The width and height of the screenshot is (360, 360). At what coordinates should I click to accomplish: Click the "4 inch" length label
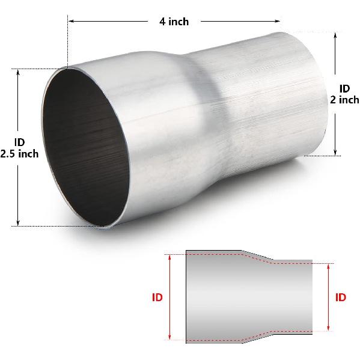tap(174, 22)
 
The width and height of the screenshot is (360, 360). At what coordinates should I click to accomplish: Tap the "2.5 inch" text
tap(19, 153)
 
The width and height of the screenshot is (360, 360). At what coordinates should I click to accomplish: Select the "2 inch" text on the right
tap(344, 100)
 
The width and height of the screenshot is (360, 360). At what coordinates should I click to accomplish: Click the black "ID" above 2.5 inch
tap(19, 142)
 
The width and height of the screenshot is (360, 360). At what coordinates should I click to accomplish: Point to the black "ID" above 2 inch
tap(344, 88)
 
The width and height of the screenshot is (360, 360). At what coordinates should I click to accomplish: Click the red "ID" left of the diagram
tap(157, 297)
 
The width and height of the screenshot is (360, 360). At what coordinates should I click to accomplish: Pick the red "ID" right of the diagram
tap(340, 297)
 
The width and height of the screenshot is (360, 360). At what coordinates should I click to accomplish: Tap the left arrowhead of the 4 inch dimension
tap(70, 21)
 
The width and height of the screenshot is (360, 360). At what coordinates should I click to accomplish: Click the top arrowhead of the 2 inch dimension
tap(335, 35)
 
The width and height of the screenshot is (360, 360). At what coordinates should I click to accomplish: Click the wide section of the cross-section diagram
tap(213, 297)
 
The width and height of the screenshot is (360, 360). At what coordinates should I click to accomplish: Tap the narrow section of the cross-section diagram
tap(291, 297)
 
